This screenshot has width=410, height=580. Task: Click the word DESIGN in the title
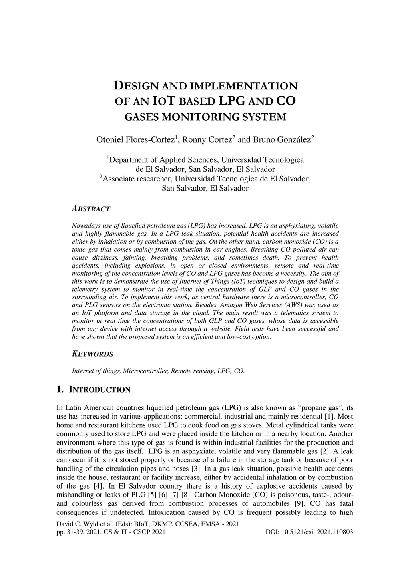pyautogui.click(x=137, y=86)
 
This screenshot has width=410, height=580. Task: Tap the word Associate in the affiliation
pyautogui.click(x=120, y=179)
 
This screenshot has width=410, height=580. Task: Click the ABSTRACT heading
pyautogui.click(x=91, y=209)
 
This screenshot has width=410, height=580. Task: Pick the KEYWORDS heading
pyautogui.click(x=92, y=354)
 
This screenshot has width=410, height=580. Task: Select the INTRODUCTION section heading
pyautogui.click(x=100, y=390)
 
